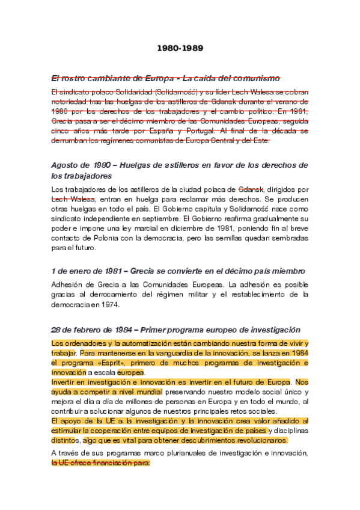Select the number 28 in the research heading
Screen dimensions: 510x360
56,330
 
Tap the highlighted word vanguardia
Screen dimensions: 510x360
175,354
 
